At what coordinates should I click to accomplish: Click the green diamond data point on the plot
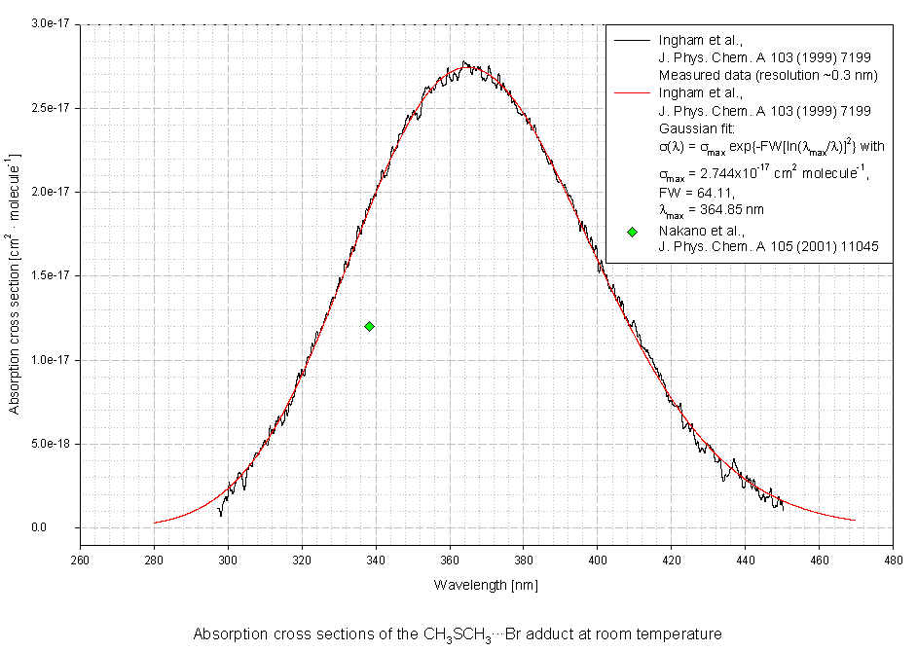(370, 326)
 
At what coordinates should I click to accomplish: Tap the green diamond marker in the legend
(632, 232)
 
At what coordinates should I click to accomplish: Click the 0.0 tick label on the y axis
(65, 528)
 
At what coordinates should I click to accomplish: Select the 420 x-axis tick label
(671, 560)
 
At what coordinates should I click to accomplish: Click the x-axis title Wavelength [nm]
(486, 585)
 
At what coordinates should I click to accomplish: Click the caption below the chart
(458, 634)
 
